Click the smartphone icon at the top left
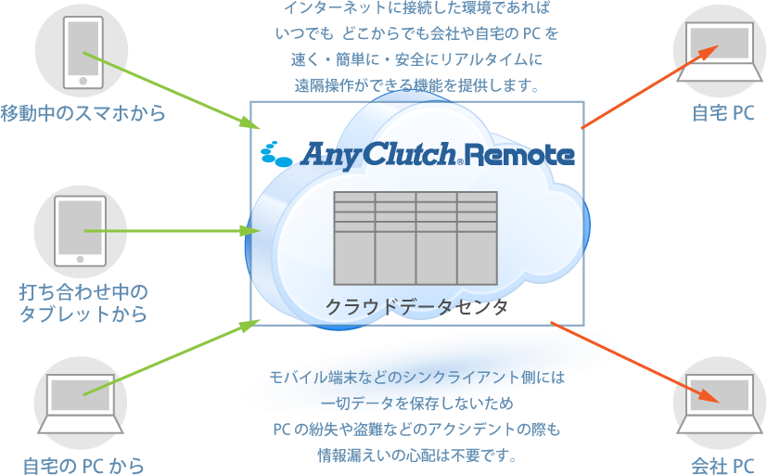pos(81,53)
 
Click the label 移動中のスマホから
pos(83,114)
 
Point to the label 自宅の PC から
pos(84,464)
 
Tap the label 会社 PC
pos(722,465)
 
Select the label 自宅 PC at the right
pos(723,114)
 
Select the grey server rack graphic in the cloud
pos(415,237)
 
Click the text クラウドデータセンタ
pos(416,307)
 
